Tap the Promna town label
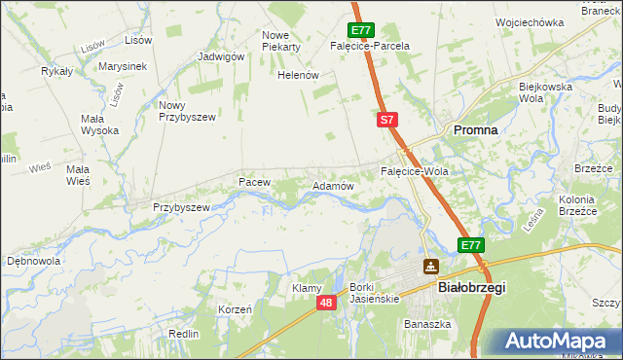pos(474,129)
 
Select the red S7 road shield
pos(386,120)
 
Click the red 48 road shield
pos(327,304)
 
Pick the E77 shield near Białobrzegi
pos(471,245)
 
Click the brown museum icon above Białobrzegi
pos(430,266)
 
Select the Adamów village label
pos(332,185)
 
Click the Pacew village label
pos(253,181)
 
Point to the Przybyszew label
pos(182,207)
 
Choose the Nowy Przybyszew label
pos(186,110)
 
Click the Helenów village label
pos(299,75)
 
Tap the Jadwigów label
pos(220,56)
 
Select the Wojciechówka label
pos(530,21)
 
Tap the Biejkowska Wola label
pos(544,91)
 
